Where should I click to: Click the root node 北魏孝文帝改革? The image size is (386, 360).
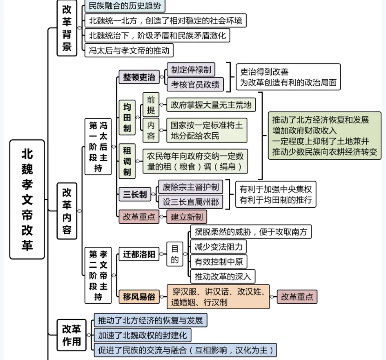(x=27, y=199)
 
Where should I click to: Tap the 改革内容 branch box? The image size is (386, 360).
(x=67, y=211)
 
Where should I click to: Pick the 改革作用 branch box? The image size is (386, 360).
(x=71, y=335)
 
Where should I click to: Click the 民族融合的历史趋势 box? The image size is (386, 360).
(x=124, y=6)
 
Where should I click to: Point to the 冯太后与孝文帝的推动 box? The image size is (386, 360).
(x=129, y=50)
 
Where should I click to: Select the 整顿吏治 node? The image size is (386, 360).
(x=139, y=77)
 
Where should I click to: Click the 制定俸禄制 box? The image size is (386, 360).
(x=190, y=70)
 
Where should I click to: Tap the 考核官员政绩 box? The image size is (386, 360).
(x=194, y=84)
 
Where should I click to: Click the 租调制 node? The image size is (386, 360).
(x=127, y=161)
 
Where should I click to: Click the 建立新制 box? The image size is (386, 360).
(x=186, y=217)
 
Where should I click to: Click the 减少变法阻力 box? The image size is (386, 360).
(x=218, y=246)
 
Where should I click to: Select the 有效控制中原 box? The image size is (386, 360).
(x=218, y=261)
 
